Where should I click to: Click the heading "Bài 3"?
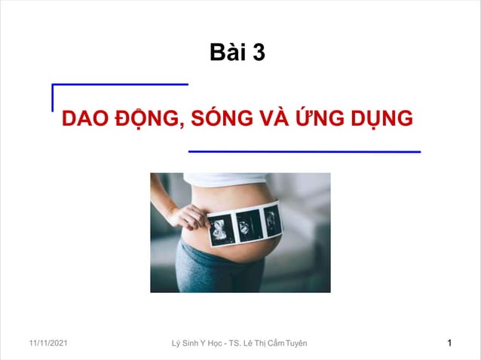237,53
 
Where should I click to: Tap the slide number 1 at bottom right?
449,344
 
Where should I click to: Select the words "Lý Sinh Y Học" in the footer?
199,344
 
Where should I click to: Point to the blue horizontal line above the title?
121,84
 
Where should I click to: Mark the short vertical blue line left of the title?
52,98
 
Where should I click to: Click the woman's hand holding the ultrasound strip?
188,218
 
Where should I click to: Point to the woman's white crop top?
226,179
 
